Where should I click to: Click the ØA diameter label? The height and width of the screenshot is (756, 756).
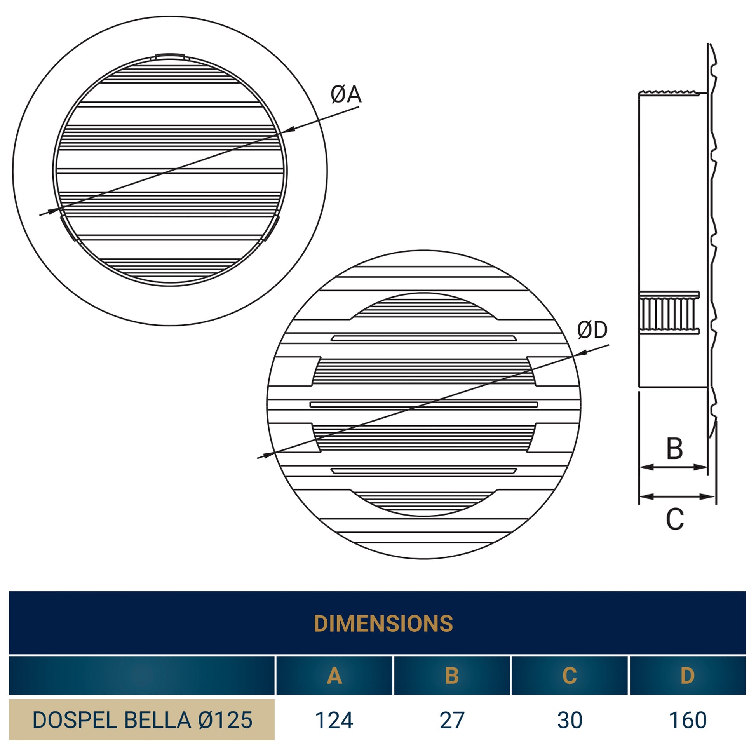346,95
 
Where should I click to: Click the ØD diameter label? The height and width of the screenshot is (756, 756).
592,330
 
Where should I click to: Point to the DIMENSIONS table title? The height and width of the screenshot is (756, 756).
383,624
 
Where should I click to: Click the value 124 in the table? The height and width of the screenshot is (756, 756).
334,720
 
